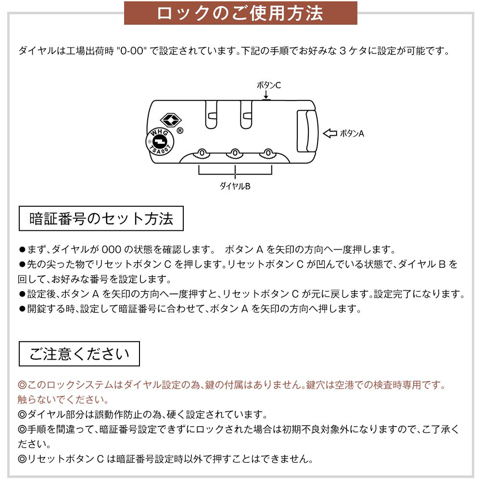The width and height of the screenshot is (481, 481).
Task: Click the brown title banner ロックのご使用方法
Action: (240, 13)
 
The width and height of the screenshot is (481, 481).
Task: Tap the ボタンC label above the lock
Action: (269, 85)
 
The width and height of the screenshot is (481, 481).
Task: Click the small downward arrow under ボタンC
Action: (266, 94)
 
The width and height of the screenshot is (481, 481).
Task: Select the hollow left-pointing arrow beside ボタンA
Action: (330, 133)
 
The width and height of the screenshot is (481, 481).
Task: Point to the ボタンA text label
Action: (352, 133)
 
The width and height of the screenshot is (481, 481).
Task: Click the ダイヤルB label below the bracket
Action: (235, 186)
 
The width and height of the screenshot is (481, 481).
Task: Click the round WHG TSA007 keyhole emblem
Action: (160, 142)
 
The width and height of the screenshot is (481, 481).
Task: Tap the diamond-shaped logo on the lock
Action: (171, 120)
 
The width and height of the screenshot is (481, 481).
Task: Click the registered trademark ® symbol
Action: (180, 131)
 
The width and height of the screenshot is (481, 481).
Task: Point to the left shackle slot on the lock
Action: (211, 114)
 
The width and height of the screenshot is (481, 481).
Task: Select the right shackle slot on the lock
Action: (246, 114)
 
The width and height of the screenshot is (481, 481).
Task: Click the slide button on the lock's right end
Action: (307, 131)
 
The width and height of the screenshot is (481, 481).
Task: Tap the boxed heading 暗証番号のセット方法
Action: (101, 218)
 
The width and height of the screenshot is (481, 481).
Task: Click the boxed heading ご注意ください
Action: (79, 354)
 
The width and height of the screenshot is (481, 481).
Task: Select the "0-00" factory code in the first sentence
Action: (132, 51)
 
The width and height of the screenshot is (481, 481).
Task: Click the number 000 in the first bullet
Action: (112, 249)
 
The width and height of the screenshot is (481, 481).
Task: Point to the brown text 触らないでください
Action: (63, 400)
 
